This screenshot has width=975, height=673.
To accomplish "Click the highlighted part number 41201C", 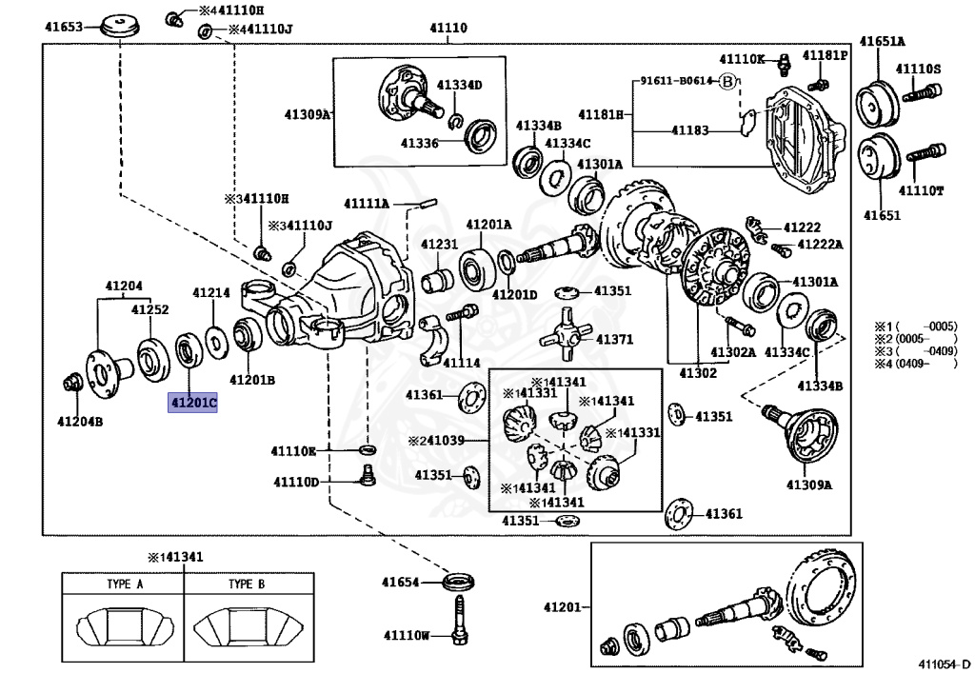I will pyautogui.click(x=193, y=404).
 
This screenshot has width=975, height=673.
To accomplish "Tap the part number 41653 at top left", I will pyautogui.click(x=65, y=27).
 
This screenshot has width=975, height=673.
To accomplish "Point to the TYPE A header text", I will pyautogui.click(x=124, y=584).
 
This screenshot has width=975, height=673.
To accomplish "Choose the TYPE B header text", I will pyautogui.click(x=246, y=584).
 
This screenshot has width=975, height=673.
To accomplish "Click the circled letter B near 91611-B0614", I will pyautogui.click(x=728, y=82).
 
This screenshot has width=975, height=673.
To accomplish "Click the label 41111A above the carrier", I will pyautogui.click(x=367, y=204).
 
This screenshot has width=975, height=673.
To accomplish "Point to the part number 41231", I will pyautogui.click(x=440, y=245).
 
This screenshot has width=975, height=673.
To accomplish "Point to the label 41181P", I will pyautogui.click(x=824, y=55).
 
